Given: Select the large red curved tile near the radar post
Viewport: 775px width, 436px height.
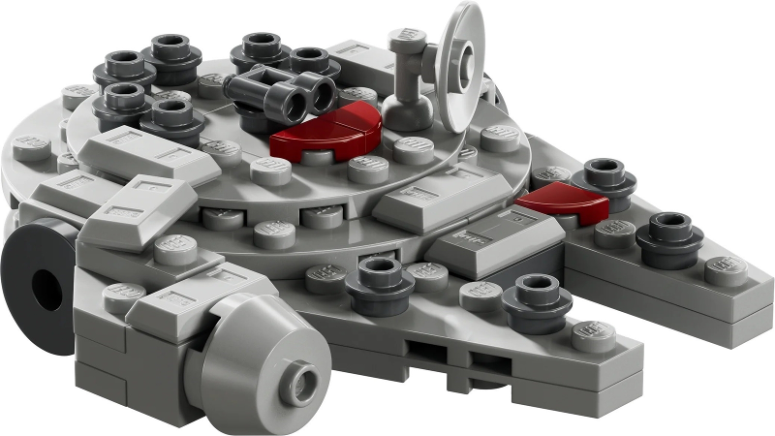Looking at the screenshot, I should pyautogui.click(x=325, y=134).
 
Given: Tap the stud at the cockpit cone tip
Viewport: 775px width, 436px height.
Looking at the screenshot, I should pyautogui.click(x=297, y=388).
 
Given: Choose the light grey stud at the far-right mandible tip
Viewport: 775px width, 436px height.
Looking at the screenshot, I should pyautogui.click(x=725, y=268).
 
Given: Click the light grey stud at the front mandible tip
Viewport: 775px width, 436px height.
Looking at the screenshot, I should pyautogui.click(x=593, y=334).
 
